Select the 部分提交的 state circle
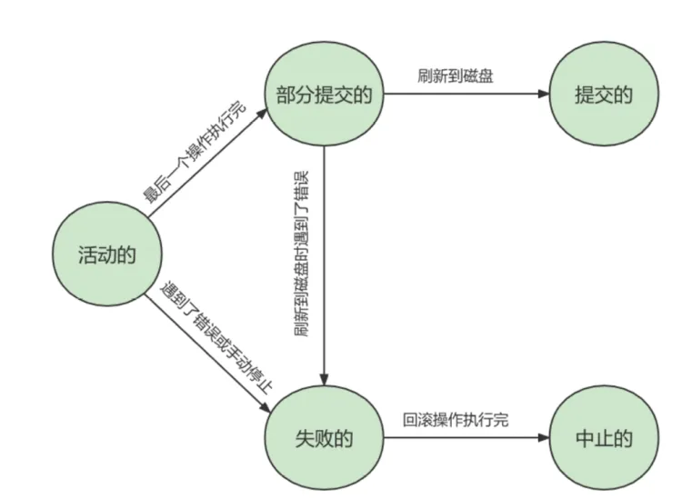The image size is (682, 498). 324,93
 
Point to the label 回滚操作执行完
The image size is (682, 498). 456,421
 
